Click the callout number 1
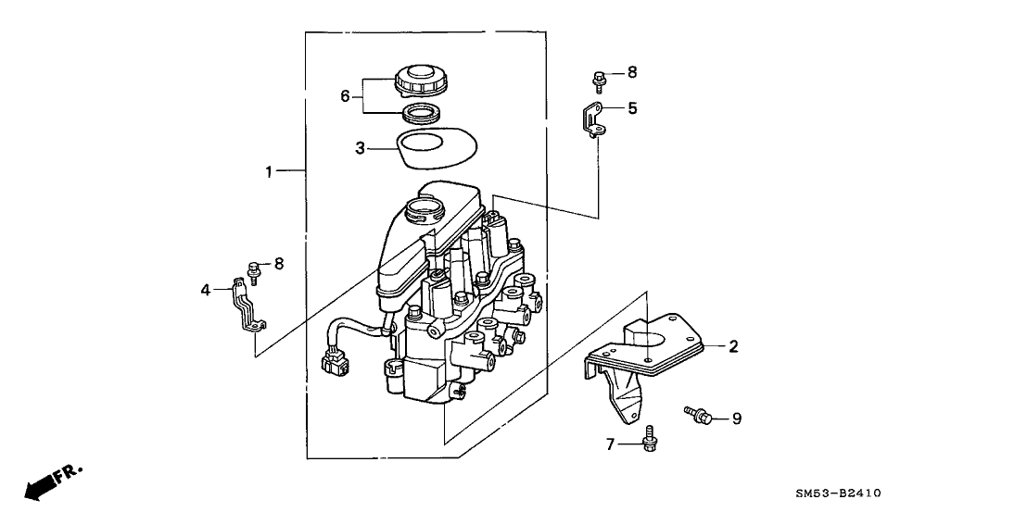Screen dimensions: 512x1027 pos(269,171)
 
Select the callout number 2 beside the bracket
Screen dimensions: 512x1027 pos(733,347)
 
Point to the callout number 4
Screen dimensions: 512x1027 pos(206,290)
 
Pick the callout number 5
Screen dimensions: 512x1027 pos(632,108)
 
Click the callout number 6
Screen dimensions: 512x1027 pos(345,95)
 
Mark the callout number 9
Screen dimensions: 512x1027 pos(737,418)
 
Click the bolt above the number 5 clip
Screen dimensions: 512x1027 pos(600,79)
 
